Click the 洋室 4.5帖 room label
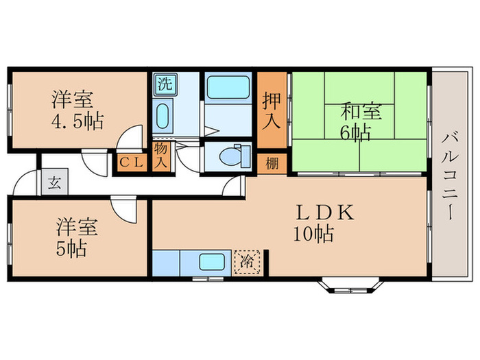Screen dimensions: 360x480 (77, 110)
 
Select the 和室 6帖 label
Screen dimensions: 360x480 (357, 121)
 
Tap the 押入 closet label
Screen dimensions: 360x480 (272, 111)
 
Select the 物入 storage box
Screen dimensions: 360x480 (160, 156)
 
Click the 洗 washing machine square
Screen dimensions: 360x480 (164, 86)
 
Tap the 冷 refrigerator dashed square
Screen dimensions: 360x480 (248, 261)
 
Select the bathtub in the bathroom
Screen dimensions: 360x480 (228, 88)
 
